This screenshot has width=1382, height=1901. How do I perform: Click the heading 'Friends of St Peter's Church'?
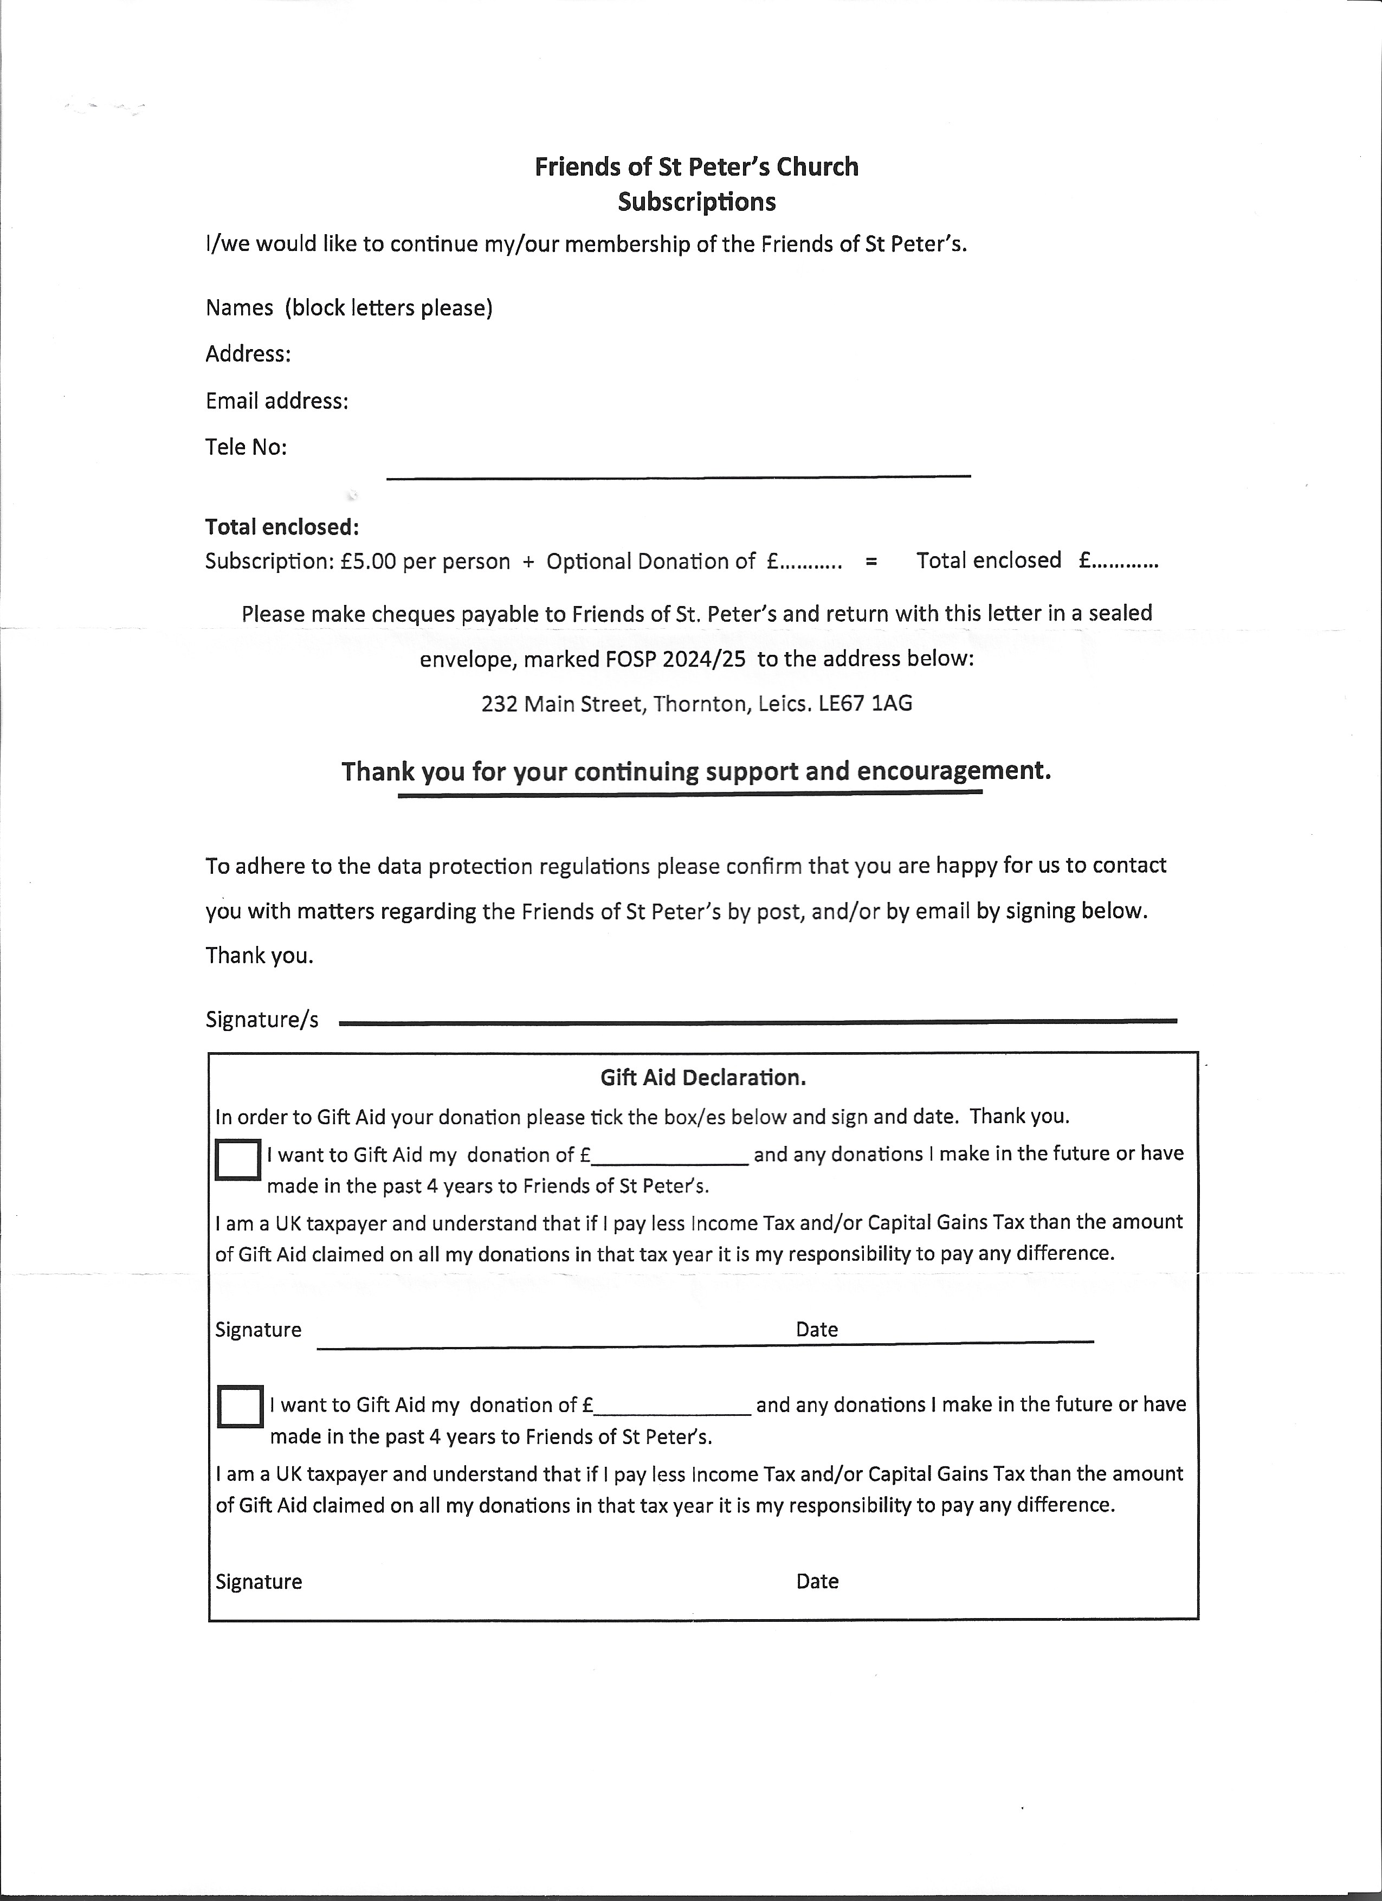[x=696, y=167]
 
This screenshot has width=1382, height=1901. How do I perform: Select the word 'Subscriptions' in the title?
[x=696, y=202]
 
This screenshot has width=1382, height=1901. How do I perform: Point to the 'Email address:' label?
[x=276, y=401]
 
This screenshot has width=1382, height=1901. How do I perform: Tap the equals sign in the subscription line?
[x=871, y=562]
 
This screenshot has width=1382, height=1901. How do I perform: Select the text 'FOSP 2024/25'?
[x=675, y=658]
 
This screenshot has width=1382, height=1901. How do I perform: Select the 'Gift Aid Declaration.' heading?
[x=703, y=1077]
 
